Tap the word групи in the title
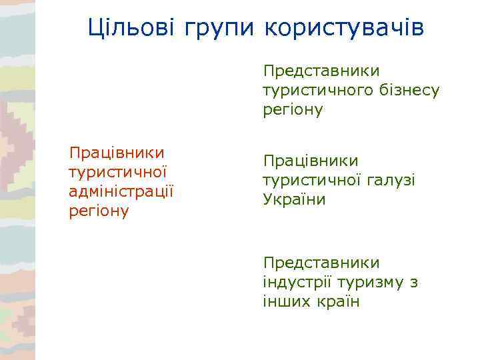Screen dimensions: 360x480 coord(217,29)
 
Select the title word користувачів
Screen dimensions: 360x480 coord(344,29)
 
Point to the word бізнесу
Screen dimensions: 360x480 coord(407,90)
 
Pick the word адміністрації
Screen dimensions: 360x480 coord(121,192)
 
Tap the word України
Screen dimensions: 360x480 coord(295,199)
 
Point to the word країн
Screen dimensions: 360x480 coord(339,301)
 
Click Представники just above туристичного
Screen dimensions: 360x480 coord(321,71)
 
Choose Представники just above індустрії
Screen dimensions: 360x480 coord(321,263)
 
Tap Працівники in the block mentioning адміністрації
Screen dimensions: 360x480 coord(117,153)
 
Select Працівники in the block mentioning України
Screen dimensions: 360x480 coord(311,161)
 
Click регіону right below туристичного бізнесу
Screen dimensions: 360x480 coord(293,110)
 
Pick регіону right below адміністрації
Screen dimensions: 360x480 coord(99,212)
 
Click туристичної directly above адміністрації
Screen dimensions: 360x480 coord(117,173)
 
